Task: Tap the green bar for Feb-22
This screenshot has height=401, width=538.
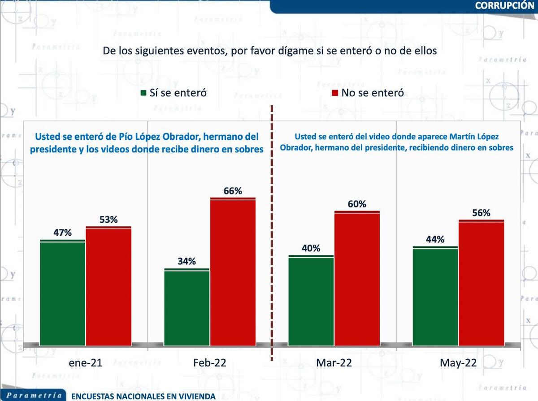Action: pyautogui.click(x=187, y=306)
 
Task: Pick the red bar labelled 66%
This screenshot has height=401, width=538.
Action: pyautogui.click(x=233, y=271)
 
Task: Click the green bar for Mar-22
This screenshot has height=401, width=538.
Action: pyautogui.click(x=311, y=300)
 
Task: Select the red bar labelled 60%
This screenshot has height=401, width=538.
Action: pyautogui.click(x=357, y=277)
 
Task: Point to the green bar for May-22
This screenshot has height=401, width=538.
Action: pyautogui.click(x=435, y=295)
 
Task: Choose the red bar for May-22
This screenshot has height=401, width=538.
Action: pyautogui.click(x=482, y=282)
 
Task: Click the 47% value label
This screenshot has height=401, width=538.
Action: pyautogui.click(x=62, y=233)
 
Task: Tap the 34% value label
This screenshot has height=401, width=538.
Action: pyautogui.click(x=187, y=262)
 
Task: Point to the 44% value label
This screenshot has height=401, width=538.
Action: pyautogui.click(x=435, y=240)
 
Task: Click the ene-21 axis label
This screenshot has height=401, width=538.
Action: pyautogui.click(x=85, y=363)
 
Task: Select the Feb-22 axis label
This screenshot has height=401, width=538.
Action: pyautogui.click(x=210, y=363)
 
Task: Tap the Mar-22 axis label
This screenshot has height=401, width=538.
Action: pyautogui.click(x=334, y=363)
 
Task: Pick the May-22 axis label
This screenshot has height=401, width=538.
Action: pyautogui.click(x=458, y=363)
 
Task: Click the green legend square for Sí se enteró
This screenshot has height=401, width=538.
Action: pyautogui.click(x=143, y=93)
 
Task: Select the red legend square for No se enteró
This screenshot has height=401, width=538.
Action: pyautogui.click(x=335, y=93)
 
